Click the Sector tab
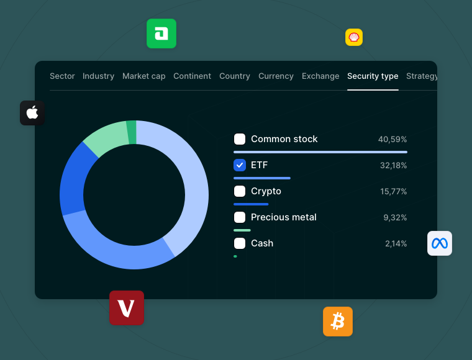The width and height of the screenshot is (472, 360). [62, 76]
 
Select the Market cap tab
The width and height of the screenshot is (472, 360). [143, 76]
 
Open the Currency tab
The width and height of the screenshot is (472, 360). [276, 76]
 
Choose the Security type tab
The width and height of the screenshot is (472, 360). [373, 76]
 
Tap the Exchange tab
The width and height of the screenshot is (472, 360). [320, 76]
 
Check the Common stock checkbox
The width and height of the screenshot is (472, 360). [240, 139]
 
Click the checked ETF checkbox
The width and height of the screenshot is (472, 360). [240, 165]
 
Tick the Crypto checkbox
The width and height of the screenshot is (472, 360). [240, 191]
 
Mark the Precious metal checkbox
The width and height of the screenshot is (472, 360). [240, 217]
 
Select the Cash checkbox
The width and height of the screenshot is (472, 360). [240, 243]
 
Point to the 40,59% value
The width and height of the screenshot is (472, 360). [393, 139]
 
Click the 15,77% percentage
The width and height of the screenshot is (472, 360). [394, 191]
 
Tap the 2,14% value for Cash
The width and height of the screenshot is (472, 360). [396, 243]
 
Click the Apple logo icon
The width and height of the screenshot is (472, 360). [32, 113]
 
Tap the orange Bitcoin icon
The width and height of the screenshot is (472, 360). [338, 322]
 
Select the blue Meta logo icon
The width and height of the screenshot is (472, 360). [440, 243]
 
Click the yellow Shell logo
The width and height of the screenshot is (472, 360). [354, 37]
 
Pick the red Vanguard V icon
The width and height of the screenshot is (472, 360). [127, 308]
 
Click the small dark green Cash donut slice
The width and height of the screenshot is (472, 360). [131, 132]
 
